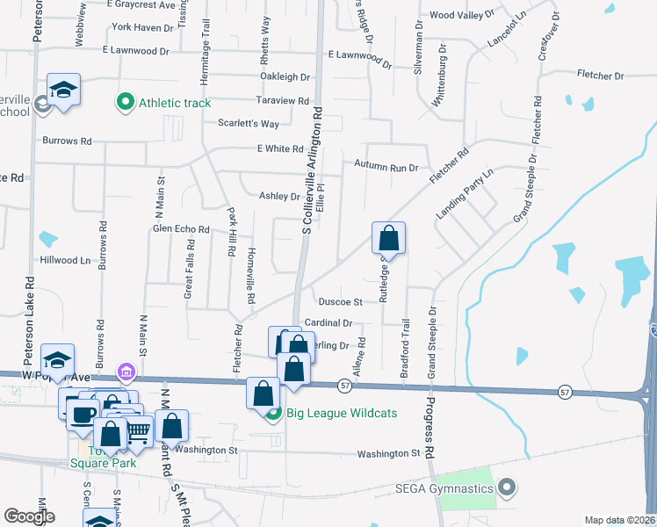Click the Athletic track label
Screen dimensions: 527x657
point(175,104)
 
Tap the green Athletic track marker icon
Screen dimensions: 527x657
point(125,103)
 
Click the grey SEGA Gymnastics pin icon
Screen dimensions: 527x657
point(507,486)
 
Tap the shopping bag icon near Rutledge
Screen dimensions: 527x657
point(389,237)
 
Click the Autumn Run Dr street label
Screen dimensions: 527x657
point(386,165)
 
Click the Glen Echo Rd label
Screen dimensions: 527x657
point(181,229)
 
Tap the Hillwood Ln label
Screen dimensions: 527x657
point(65,261)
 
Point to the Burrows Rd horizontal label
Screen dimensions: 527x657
point(67,141)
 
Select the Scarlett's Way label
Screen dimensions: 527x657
point(249,124)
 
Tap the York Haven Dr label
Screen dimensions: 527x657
point(143,28)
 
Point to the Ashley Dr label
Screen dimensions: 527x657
point(279,196)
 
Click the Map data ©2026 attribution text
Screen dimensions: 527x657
point(620,520)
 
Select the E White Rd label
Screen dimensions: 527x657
point(280,149)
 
